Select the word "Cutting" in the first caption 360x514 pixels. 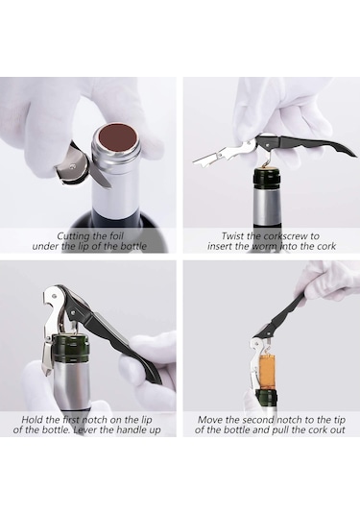(x=70, y=236)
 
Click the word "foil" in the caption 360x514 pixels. (x=116, y=235)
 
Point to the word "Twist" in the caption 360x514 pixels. (x=231, y=235)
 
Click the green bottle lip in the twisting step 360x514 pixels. (x=267, y=179)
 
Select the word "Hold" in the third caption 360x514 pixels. (x=31, y=419)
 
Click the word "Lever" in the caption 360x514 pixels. (x=84, y=429)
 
